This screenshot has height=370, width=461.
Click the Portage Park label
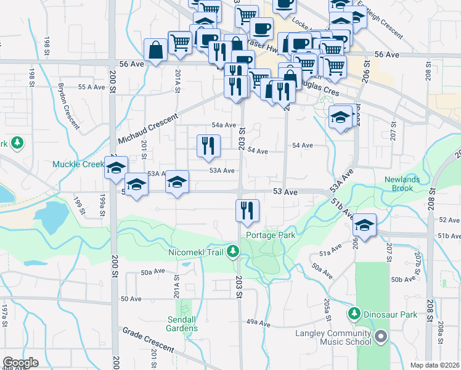tap(271, 235)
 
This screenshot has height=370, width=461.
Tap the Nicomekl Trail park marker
tap(233, 251)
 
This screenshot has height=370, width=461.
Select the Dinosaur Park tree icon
tap(354, 314)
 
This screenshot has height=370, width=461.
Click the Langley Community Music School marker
tap(381, 337)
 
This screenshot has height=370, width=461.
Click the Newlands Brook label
tap(403, 184)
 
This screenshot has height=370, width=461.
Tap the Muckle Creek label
tap(78, 165)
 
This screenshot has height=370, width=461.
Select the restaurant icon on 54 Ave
tap(208, 146)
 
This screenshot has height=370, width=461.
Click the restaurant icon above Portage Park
tap(247, 210)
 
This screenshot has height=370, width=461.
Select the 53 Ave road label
tap(287, 192)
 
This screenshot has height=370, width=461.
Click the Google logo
tap(20, 363)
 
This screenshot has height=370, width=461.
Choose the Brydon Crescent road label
tap(69, 106)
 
